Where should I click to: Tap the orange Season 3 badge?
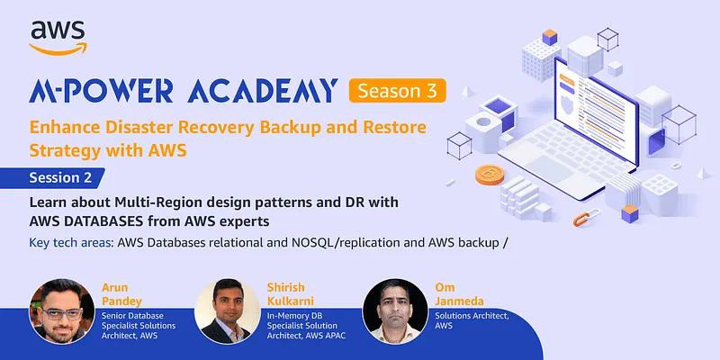396,91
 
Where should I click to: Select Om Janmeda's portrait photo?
393,310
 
